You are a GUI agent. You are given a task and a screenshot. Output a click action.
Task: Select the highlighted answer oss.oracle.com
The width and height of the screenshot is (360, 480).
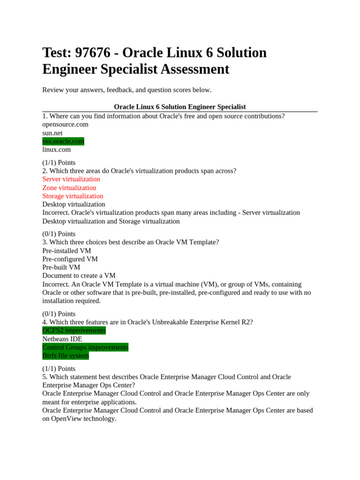pyautogui.click(x=63, y=141)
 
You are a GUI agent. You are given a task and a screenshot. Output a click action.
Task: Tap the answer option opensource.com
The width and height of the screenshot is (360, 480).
pyautogui.click(x=65, y=124)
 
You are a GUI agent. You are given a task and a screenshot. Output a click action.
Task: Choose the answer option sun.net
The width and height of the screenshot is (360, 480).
pyautogui.click(x=52, y=133)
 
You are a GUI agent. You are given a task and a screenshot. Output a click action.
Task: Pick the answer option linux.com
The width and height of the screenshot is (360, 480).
pyautogui.click(x=57, y=150)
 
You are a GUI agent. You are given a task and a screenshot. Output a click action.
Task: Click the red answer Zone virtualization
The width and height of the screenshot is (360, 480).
pyautogui.click(x=69, y=187)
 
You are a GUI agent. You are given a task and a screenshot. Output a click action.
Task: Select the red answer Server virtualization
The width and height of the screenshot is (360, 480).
pyautogui.click(x=71, y=179)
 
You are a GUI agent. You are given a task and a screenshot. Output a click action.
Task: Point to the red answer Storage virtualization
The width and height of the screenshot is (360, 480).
pyautogui.click(x=73, y=196)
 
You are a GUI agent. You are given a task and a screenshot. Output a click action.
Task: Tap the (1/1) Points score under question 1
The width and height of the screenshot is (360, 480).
pyautogui.click(x=59, y=163)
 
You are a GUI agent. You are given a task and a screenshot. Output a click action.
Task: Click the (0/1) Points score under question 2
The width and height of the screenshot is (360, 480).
pyautogui.click(x=59, y=233)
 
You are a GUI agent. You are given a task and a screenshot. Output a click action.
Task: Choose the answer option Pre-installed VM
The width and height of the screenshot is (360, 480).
pyautogui.click(x=67, y=251)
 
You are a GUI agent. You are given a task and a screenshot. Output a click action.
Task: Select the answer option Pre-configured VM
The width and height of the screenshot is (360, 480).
pyautogui.click(x=70, y=259)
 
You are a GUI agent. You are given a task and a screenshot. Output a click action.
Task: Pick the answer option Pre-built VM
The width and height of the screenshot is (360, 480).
pyautogui.click(x=61, y=267)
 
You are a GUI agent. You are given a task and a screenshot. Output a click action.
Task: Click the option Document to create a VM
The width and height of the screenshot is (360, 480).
pyautogui.click(x=79, y=276)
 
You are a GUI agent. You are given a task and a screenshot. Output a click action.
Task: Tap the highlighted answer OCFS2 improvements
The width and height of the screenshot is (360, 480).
pyautogui.click(x=74, y=330)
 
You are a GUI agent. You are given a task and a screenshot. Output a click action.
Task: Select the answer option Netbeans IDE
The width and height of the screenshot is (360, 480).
pyautogui.click(x=62, y=339)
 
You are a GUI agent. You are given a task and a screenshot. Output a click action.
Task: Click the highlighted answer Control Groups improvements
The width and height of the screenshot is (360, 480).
pyautogui.click(x=85, y=347)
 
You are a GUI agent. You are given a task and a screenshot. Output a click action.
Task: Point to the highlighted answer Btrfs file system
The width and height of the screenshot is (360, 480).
pyautogui.click(x=66, y=356)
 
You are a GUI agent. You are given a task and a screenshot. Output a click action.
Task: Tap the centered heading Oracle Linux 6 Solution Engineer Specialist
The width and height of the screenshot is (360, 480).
pyautogui.click(x=180, y=107)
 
